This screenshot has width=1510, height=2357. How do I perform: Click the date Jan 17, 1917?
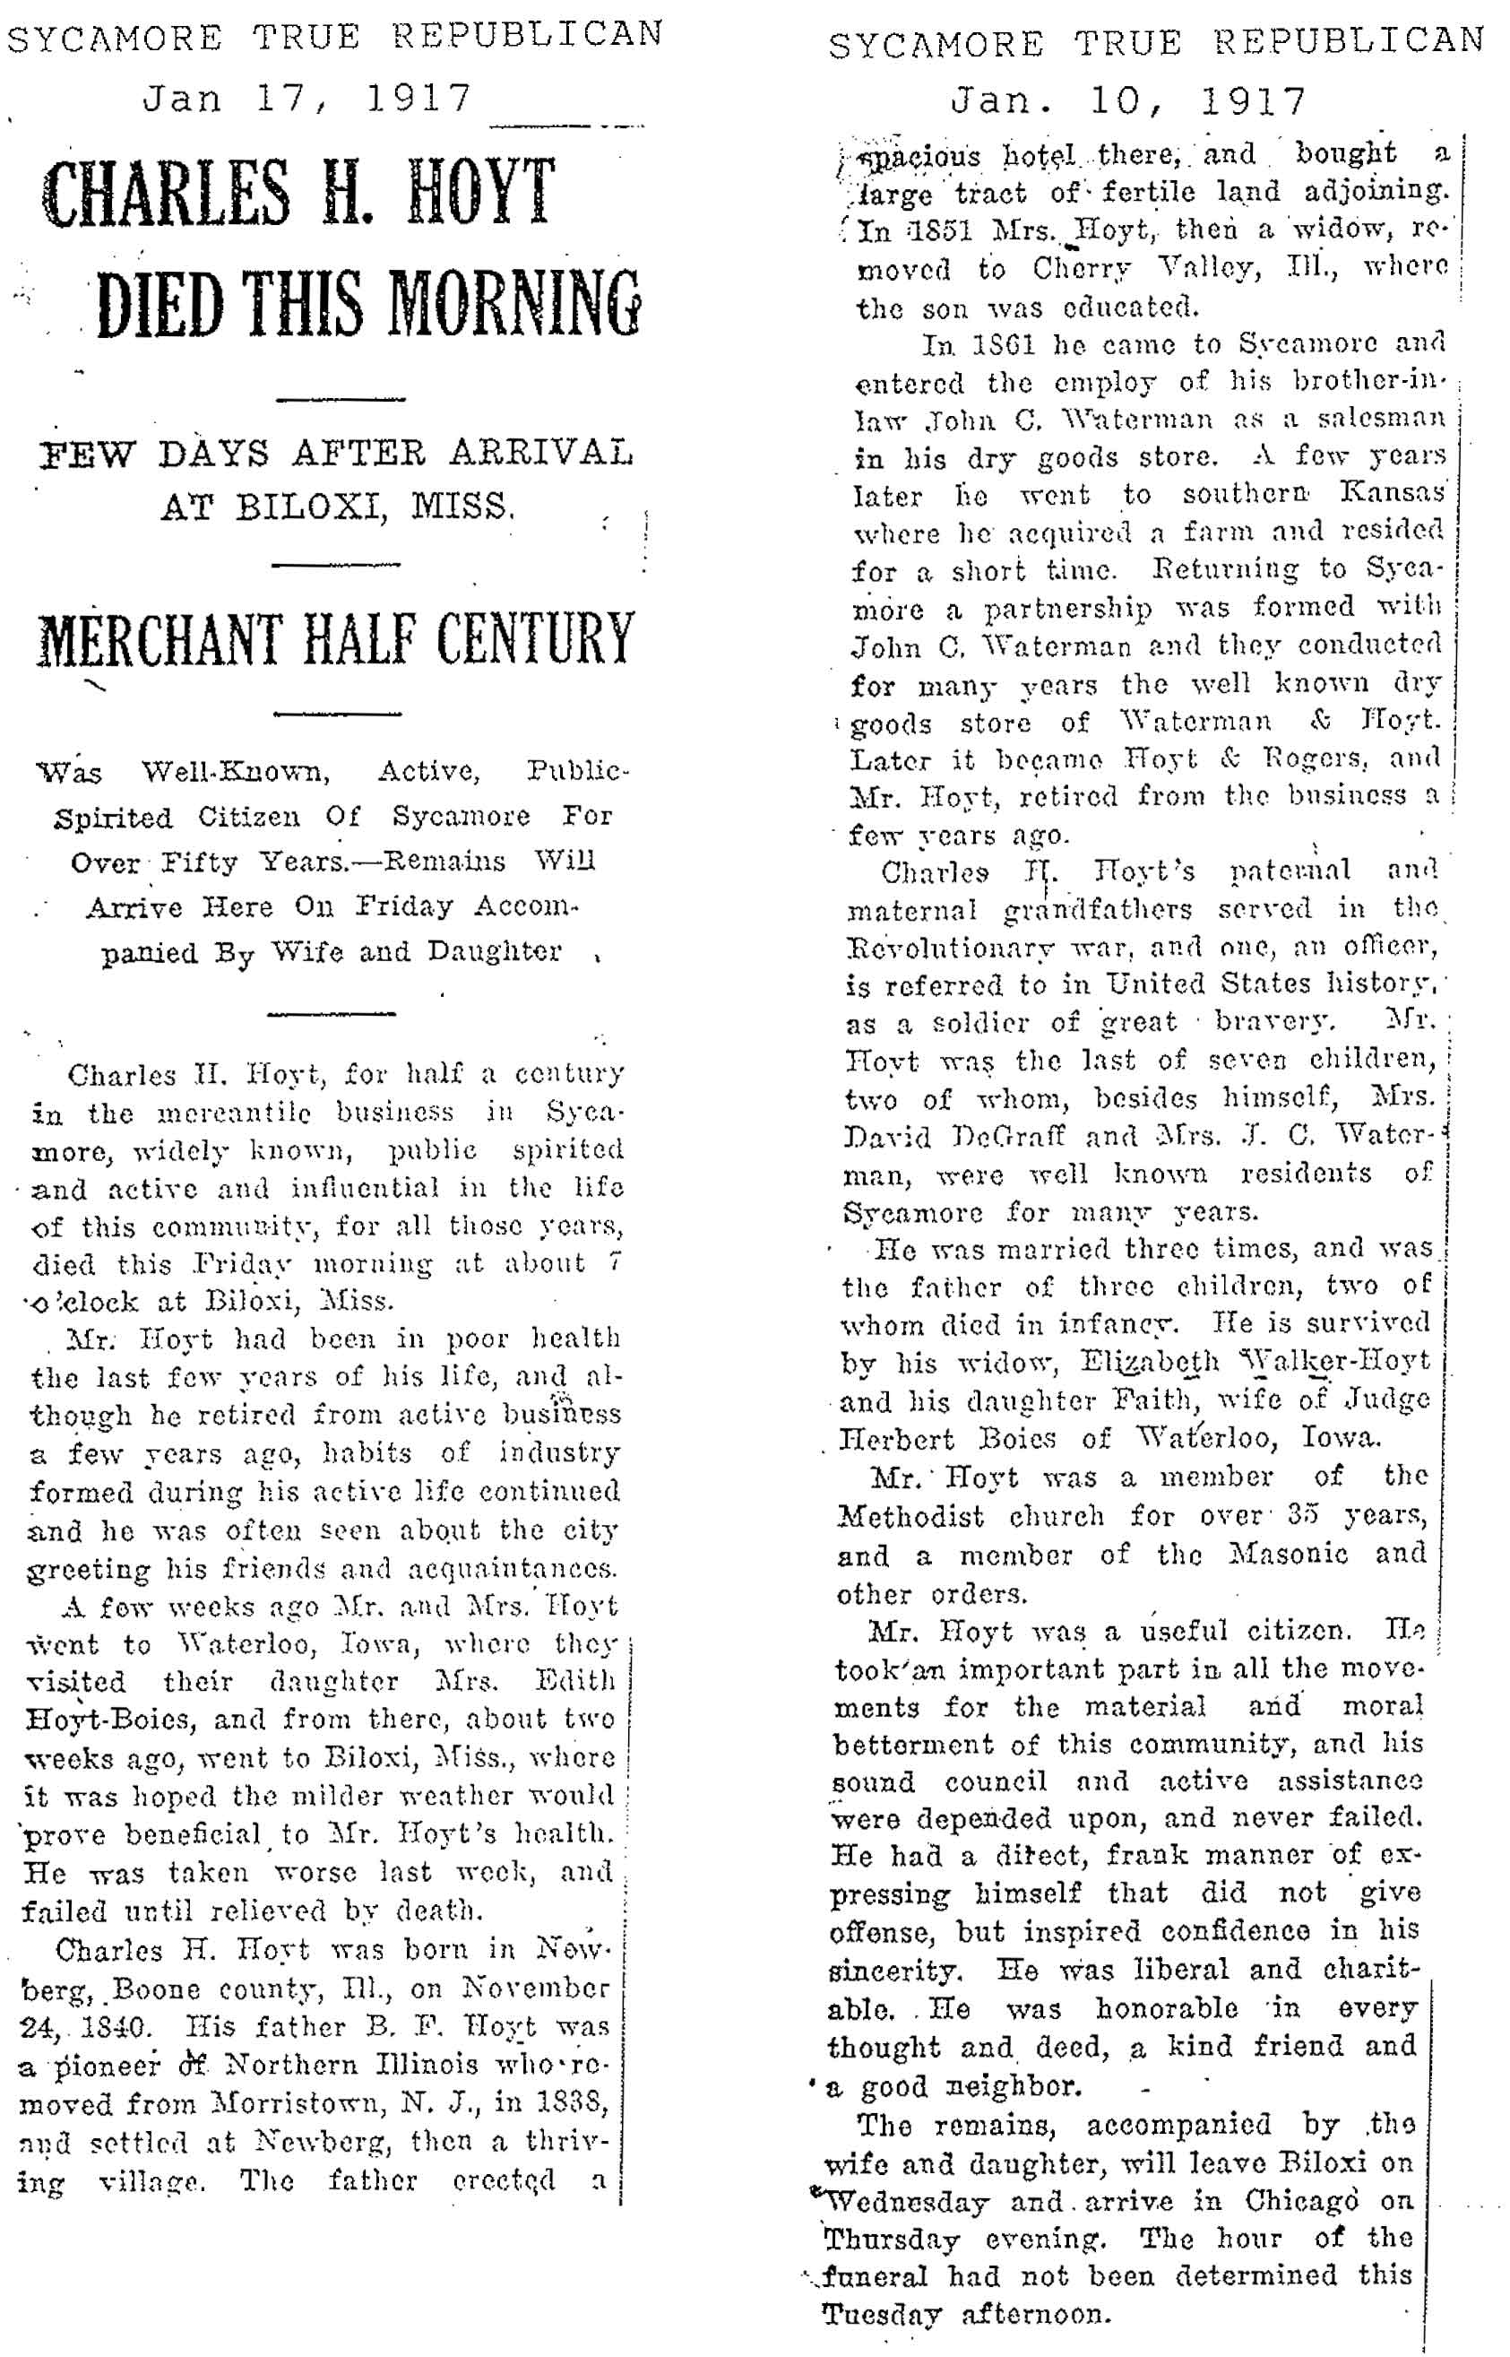306,98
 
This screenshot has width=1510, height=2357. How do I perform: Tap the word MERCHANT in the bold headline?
160,638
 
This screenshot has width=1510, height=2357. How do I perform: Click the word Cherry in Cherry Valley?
1089,270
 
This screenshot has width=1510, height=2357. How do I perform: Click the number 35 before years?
1302,1515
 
